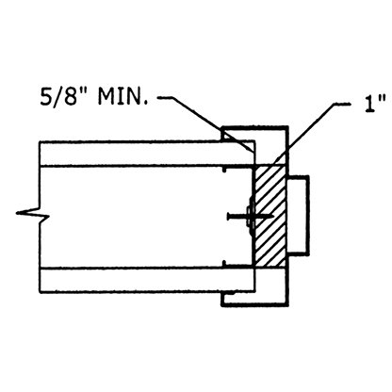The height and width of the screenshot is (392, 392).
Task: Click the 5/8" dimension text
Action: [66, 96]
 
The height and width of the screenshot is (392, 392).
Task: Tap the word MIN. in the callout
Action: [122, 96]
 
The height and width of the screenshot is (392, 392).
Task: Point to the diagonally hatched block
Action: [269, 216]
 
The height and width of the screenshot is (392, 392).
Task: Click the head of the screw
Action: [228, 216]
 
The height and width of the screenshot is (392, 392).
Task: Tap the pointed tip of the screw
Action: [272, 216]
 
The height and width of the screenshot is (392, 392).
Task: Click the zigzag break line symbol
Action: [33, 214]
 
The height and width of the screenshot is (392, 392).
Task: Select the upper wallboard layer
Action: [146, 154]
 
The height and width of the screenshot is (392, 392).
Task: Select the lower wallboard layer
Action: [146, 280]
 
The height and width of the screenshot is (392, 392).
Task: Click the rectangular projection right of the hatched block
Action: [298, 216]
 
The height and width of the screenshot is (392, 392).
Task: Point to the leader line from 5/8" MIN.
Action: [205, 123]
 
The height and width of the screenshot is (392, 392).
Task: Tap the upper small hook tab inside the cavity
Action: [223, 170]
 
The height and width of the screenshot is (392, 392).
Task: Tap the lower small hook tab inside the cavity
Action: [223, 263]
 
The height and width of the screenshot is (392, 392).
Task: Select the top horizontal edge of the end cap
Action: [254, 127]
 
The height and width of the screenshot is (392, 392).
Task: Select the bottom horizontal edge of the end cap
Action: [254, 304]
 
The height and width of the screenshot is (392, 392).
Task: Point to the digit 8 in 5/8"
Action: [73, 96]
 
